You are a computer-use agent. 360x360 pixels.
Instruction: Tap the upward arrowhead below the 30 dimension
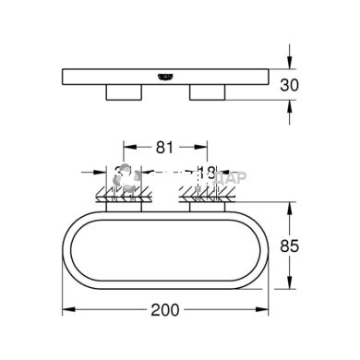291,104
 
